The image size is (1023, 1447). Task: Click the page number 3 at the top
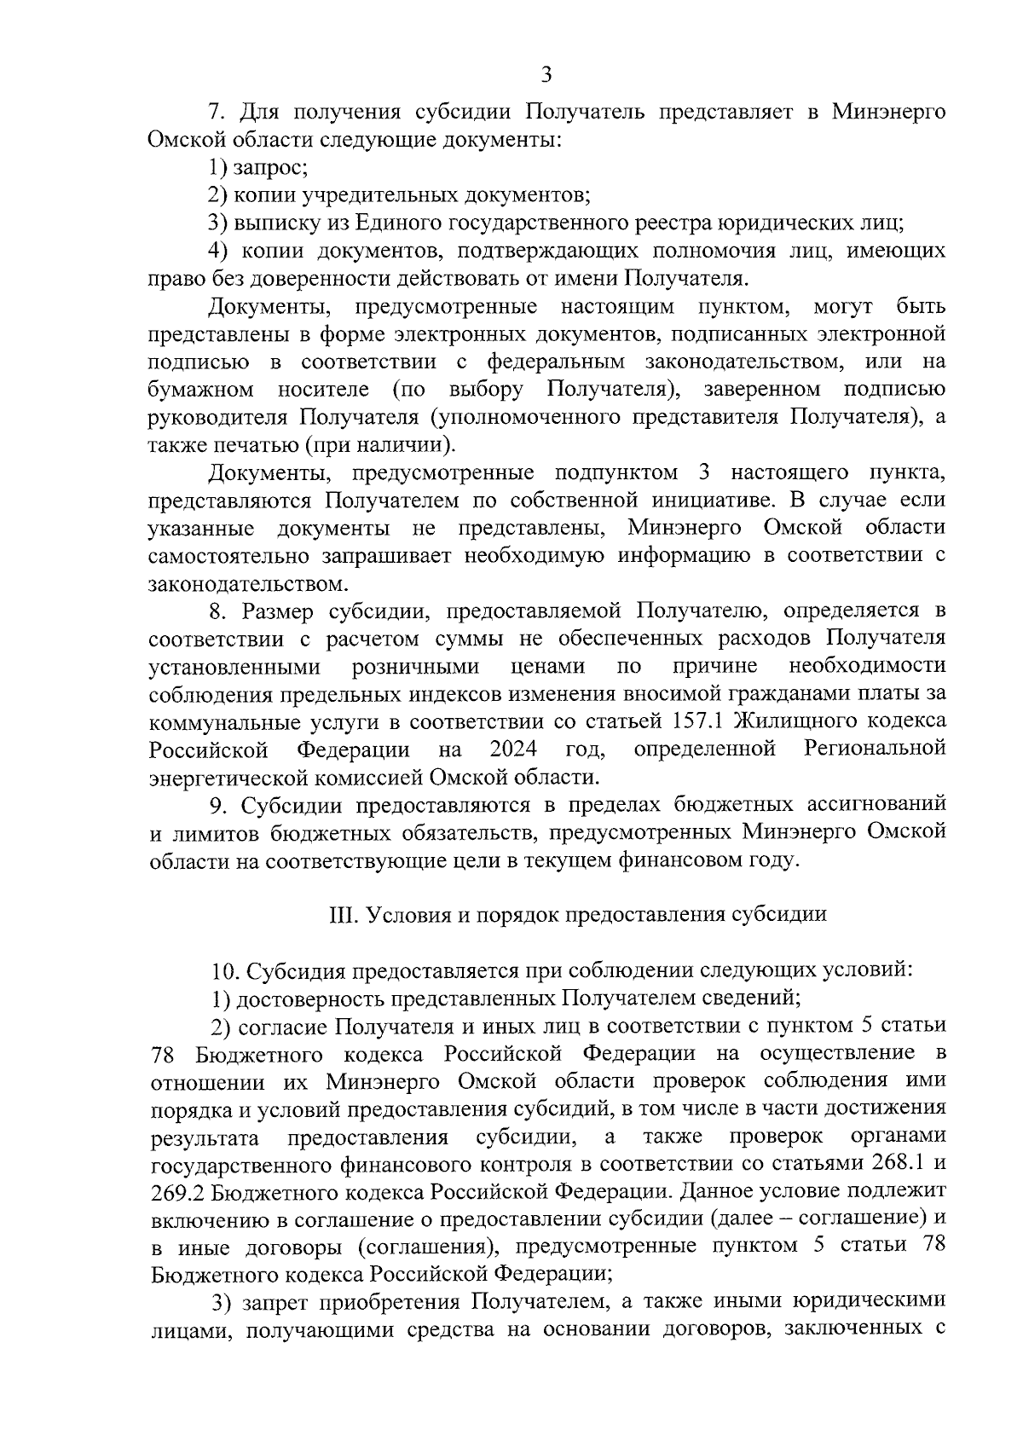point(546,75)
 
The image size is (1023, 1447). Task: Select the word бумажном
point(201,390)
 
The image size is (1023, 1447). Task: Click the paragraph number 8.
point(218,611)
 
